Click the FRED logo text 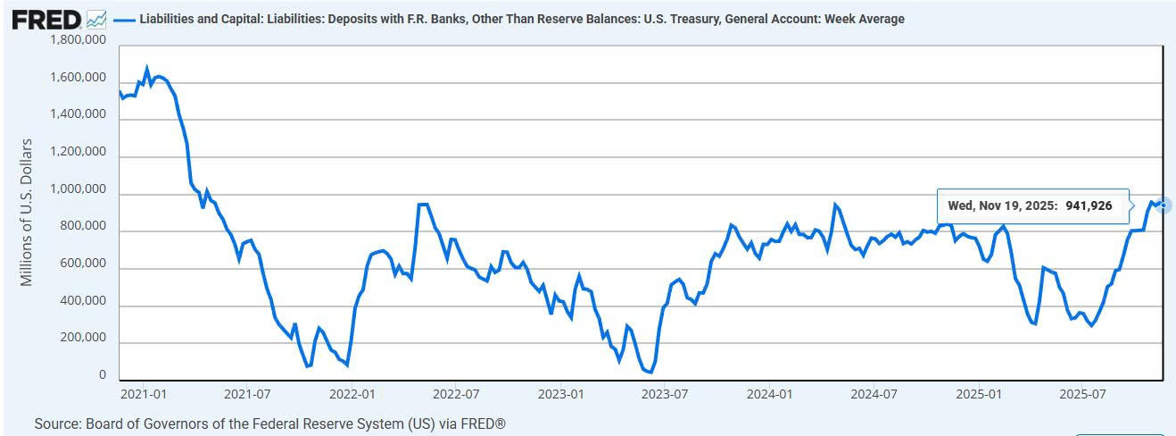46,19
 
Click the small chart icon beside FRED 97,19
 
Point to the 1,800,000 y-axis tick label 79,40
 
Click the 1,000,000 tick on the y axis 79,190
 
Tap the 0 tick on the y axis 104,376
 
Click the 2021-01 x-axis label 143,393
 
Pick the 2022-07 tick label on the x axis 456,393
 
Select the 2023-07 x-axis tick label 665,393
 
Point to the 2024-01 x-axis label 770,393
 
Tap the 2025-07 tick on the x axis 1083,393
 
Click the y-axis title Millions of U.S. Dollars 27,212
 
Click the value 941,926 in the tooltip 1088,205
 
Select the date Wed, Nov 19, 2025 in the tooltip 1002,205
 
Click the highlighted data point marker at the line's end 1164,205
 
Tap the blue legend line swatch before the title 124,19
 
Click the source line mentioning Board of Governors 269,423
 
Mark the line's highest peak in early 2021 147,68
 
